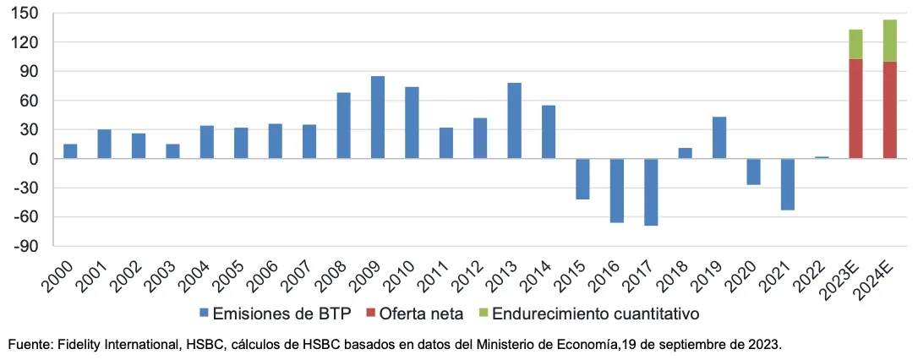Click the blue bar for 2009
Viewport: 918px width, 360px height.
tap(378, 117)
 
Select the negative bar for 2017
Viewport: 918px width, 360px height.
tap(651, 192)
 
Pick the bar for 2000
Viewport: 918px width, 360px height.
tap(70, 151)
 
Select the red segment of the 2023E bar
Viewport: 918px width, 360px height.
tap(855, 108)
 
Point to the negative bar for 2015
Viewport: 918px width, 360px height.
tap(582, 179)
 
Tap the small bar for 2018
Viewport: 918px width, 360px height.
tap(685, 154)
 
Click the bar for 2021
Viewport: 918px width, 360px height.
tap(787, 184)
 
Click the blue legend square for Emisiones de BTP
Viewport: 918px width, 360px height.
tap(204, 314)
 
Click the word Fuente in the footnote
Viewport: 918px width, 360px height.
tap(26, 345)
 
